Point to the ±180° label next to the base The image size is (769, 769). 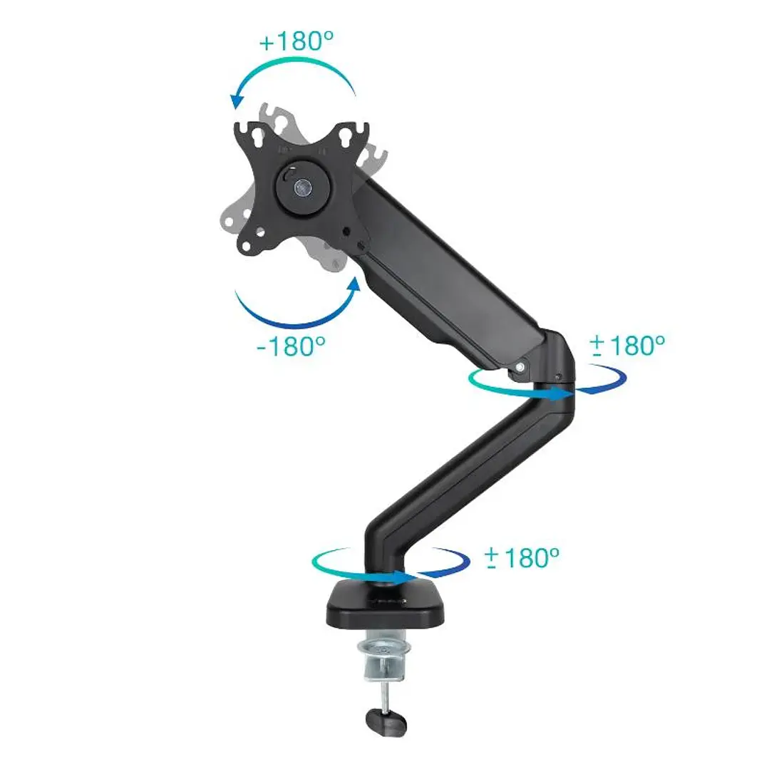pyautogui.click(x=521, y=557)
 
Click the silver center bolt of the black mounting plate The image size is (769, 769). pyautogui.click(x=302, y=187)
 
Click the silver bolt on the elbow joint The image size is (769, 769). pyautogui.click(x=521, y=367)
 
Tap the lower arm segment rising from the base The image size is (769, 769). pyautogui.click(x=463, y=478)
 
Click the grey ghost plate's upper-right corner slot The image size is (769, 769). pyautogui.click(x=376, y=153)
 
